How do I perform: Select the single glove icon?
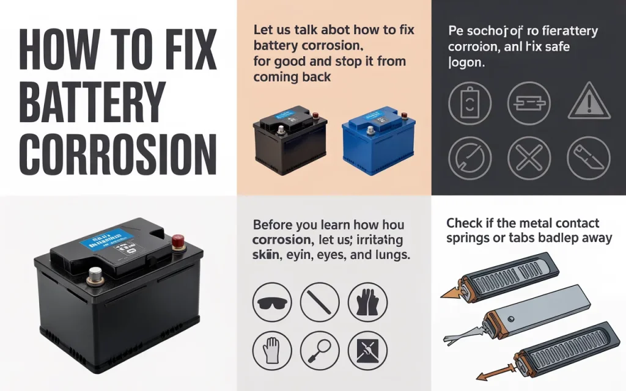[271, 352]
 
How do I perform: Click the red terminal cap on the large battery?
[177, 241]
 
